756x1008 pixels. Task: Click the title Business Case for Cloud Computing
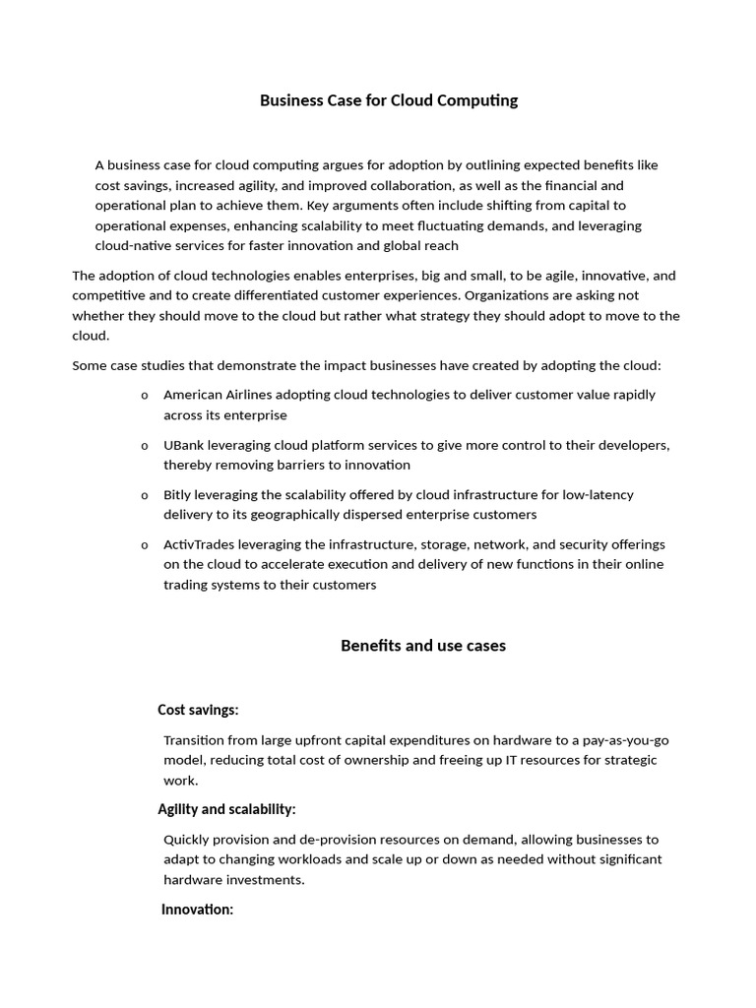point(388,100)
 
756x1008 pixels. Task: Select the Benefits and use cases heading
point(423,646)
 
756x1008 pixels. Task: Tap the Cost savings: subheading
point(198,710)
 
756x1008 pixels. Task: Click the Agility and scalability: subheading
point(226,809)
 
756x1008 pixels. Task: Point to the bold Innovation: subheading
point(197,910)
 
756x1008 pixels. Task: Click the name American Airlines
point(217,395)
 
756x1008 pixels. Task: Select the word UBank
point(184,445)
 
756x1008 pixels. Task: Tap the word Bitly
point(178,495)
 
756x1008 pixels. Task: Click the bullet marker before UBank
point(145,446)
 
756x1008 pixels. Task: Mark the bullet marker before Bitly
point(145,496)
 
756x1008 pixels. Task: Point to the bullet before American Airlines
point(145,396)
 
